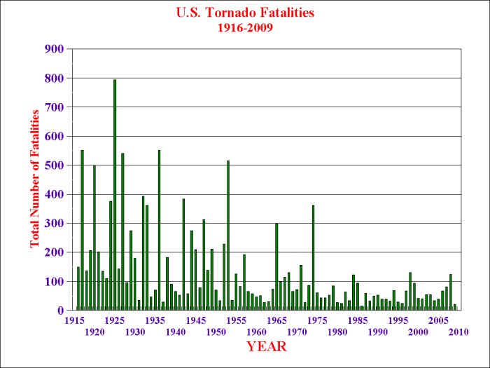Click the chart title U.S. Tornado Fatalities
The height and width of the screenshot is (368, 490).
(x=245, y=12)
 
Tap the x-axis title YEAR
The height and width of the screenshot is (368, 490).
(x=267, y=346)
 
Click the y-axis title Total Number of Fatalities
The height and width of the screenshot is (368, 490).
(x=34, y=179)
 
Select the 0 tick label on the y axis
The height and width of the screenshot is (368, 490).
(x=61, y=311)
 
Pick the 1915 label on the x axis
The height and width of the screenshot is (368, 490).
(x=74, y=320)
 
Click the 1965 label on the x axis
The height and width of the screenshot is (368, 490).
(x=276, y=320)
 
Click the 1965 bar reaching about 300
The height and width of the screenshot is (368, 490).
(x=276, y=266)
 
